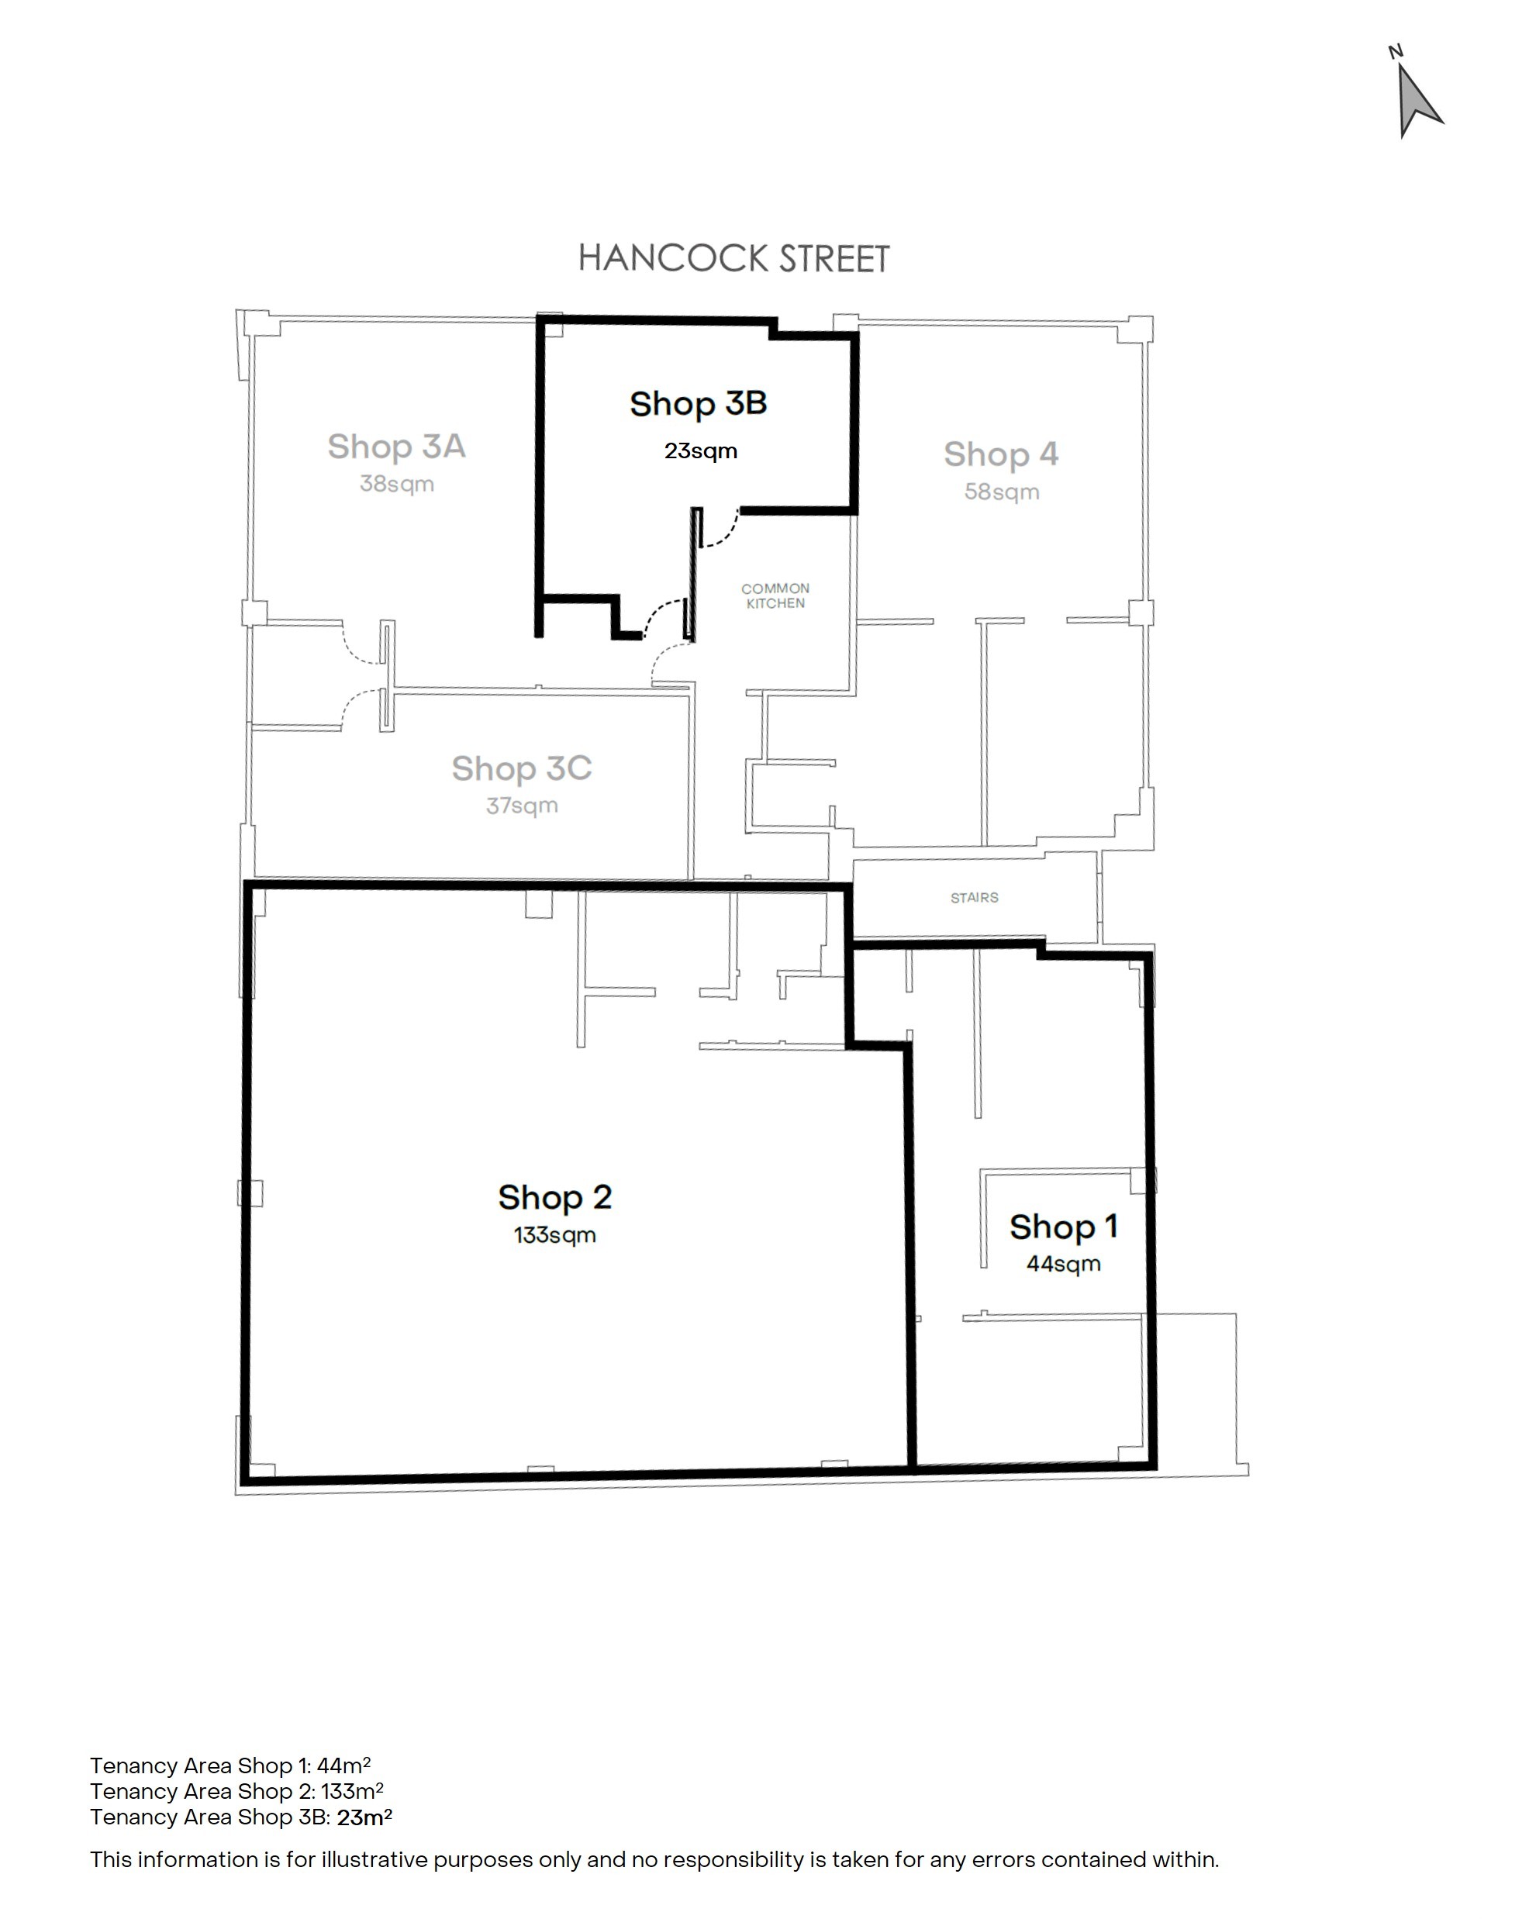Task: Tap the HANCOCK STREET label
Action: [733, 259]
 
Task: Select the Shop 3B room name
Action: [699, 404]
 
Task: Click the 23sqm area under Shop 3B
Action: [700, 451]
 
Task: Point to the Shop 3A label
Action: [396, 447]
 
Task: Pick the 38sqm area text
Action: [397, 484]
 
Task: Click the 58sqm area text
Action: [1002, 492]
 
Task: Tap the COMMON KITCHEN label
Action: [775, 595]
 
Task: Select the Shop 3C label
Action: [522, 769]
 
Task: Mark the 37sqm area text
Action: [522, 806]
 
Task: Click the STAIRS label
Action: [975, 898]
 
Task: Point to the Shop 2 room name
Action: [554, 1198]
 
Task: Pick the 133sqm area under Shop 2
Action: [554, 1235]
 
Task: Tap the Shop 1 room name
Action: [1064, 1227]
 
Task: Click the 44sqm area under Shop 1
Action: [1064, 1265]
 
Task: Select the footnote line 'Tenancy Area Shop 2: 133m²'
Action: [236, 1791]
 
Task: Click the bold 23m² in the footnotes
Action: [364, 1817]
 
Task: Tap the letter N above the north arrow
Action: [1396, 53]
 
